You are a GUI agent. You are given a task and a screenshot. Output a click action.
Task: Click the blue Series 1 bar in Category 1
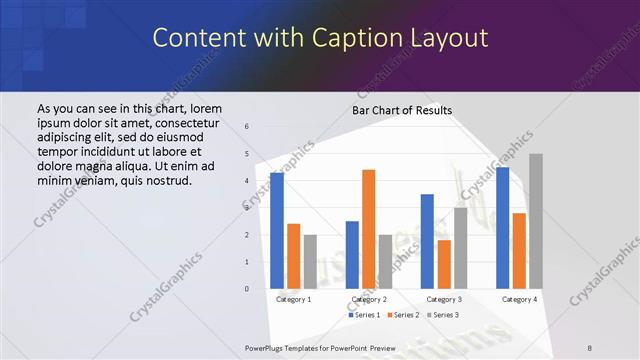tap(277, 231)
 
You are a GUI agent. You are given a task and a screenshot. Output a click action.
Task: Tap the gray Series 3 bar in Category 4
tap(535, 221)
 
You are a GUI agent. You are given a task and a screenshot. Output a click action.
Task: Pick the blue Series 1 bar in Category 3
tap(427, 241)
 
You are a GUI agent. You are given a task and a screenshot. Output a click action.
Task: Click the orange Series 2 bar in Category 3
tap(443, 264)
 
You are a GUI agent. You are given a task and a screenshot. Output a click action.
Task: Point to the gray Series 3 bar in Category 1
tap(309, 262)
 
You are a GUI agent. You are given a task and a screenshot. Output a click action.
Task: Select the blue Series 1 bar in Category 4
tap(502, 228)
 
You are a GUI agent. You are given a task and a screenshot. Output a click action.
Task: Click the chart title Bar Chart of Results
tap(402, 110)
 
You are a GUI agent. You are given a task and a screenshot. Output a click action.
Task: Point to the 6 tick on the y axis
tap(247, 127)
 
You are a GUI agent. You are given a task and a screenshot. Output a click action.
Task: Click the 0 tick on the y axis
tap(247, 289)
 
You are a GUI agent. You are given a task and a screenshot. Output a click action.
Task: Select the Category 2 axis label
tap(368, 299)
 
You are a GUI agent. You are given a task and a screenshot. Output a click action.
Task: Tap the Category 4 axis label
tap(518, 299)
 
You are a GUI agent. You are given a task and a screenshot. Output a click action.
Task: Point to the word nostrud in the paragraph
tap(164, 180)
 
